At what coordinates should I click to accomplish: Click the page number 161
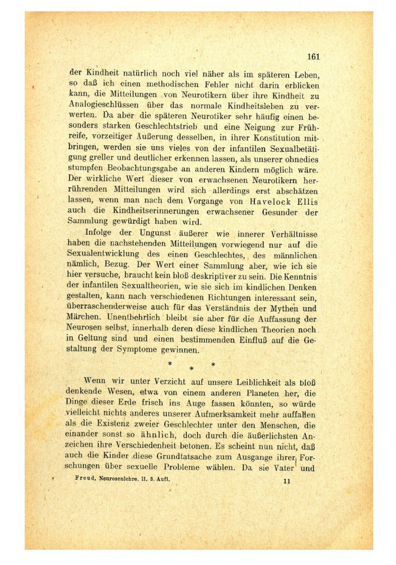(x=313, y=57)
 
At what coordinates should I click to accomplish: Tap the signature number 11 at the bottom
(x=287, y=481)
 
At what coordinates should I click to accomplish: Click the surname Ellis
(x=305, y=201)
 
